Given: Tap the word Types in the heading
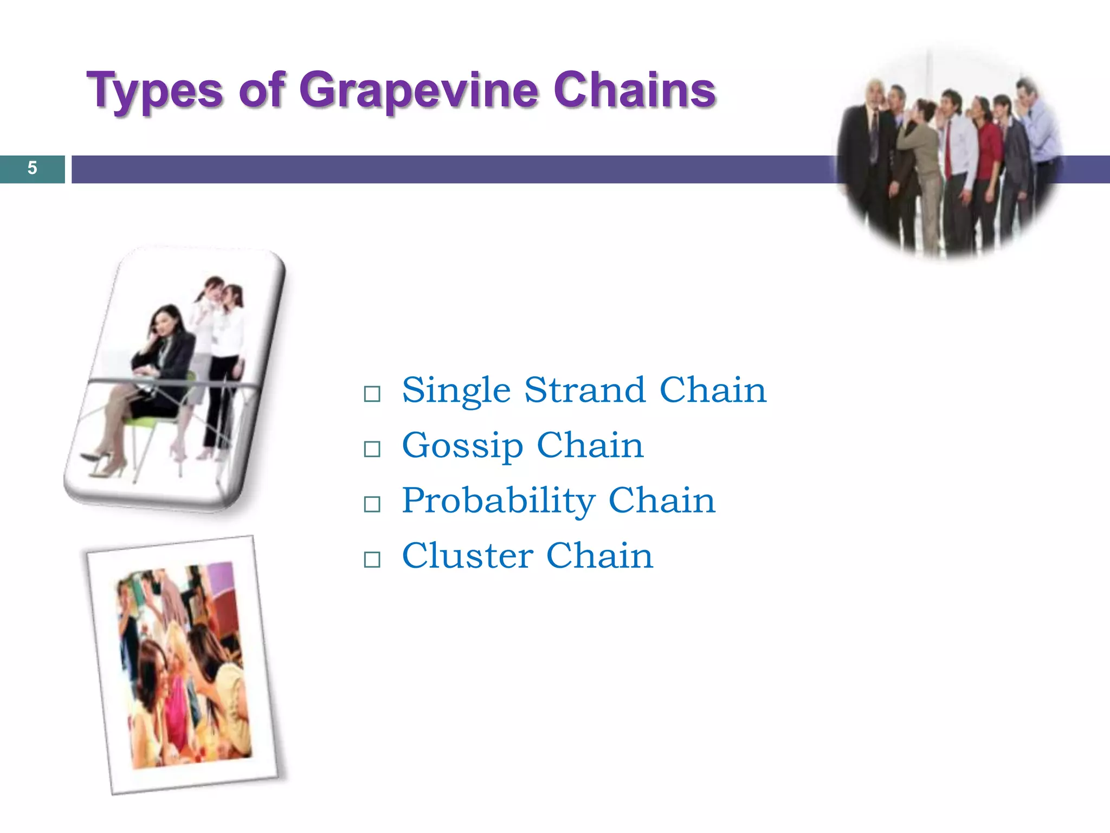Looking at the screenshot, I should [154, 90].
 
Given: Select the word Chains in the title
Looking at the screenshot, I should [634, 90].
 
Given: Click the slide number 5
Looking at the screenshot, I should [32, 168].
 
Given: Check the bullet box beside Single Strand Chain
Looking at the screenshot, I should [372, 394].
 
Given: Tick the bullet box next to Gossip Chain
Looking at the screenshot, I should [372, 449].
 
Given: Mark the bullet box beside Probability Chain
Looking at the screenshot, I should [372, 504].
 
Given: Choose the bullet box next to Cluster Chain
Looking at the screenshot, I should [372, 559].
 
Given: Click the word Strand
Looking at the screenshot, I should [584, 390].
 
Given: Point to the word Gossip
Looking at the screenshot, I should [462, 446].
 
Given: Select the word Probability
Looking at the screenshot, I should [499, 501].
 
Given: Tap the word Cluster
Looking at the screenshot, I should [467, 556].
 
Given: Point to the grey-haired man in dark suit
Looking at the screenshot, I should [867, 152].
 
